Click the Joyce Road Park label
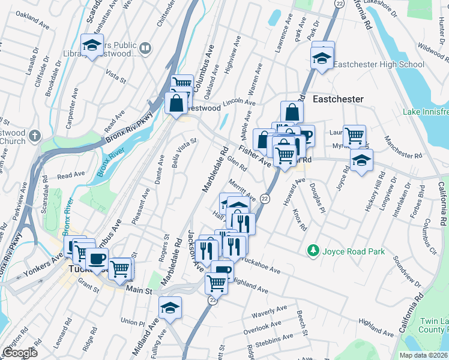click(353, 251)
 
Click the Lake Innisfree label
click(426, 112)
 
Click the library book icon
click(145, 47)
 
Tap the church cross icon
click(35, 136)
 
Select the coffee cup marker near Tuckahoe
click(97, 259)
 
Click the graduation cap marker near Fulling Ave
click(169, 309)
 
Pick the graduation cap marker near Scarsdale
click(92, 46)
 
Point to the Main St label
click(140, 290)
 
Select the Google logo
click(20, 353)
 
